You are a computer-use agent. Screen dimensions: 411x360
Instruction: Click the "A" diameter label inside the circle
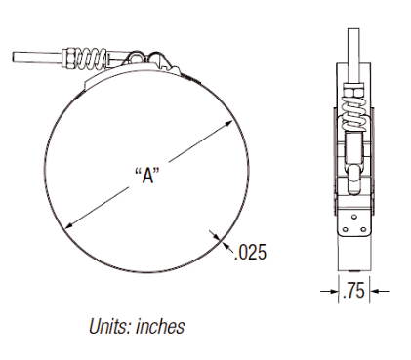pyautogui.click(x=147, y=176)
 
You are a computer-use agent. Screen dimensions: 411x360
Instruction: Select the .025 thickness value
pyautogui.click(x=250, y=252)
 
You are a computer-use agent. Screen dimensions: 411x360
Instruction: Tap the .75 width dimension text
pyautogui.click(x=353, y=291)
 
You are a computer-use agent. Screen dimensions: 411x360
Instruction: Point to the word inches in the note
pyautogui.click(x=160, y=326)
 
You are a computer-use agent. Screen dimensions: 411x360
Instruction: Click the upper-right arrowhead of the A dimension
pyautogui.click(x=228, y=124)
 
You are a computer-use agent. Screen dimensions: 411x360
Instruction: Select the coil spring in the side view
pyautogui.click(x=353, y=115)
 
